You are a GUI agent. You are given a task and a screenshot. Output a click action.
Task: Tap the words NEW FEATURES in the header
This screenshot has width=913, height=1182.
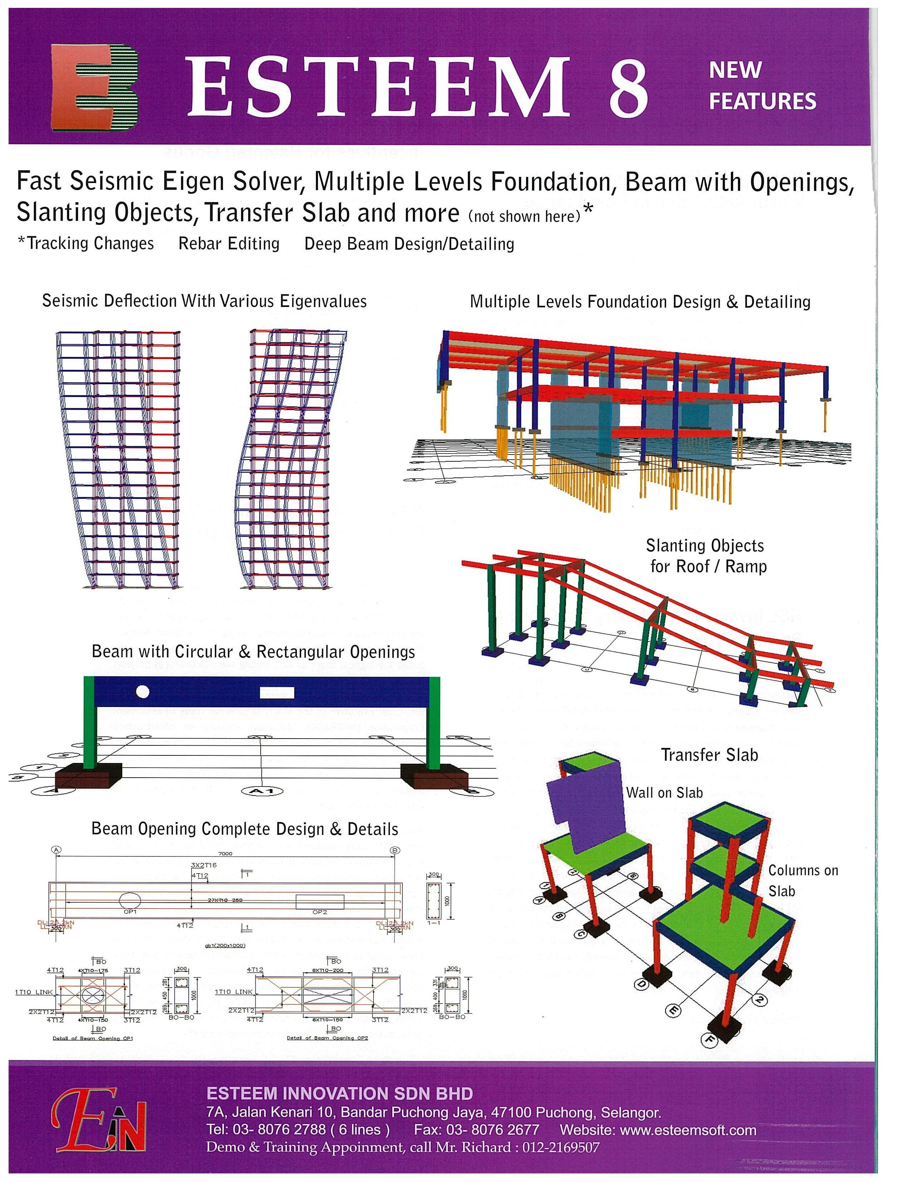click(762, 86)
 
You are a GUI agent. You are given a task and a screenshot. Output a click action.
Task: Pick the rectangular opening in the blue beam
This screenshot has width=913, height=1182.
click(277, 693)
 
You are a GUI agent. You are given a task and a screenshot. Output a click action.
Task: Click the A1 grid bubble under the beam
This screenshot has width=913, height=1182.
click(262, 791)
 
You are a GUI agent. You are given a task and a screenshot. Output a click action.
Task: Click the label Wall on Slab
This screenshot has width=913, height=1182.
click(664, 793)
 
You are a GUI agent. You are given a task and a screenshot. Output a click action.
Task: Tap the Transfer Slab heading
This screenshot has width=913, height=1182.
click(709, 755)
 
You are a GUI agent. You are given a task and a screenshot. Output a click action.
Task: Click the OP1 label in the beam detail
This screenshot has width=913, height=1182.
click(130, 912)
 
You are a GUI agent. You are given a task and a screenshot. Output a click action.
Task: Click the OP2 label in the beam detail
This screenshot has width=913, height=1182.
click(320, 912)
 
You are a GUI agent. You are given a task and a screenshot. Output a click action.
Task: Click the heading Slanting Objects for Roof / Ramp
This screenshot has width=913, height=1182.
click(706, 556)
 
